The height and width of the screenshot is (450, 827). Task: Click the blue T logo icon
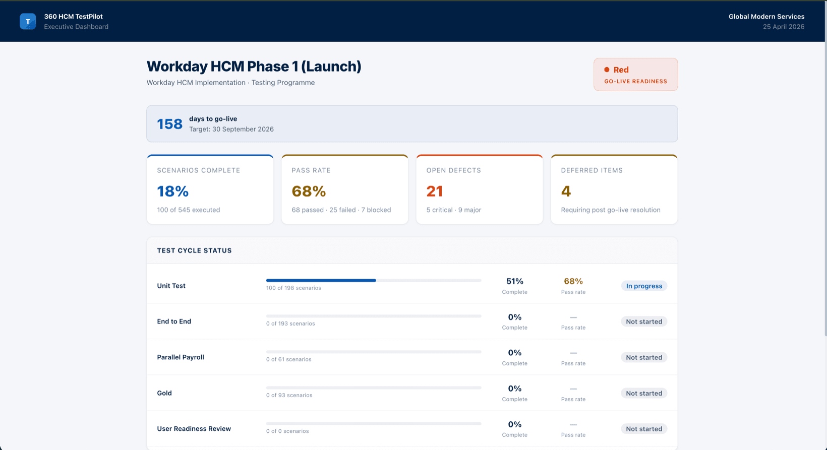point(28,22)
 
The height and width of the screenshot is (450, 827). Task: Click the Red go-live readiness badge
point(635,75)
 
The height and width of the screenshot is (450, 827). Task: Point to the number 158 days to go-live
point(169,124)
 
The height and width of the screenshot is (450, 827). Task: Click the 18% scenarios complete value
point(173,191)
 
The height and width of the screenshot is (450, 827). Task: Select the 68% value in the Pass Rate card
point(309,191)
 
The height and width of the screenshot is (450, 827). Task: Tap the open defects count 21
point(434,191)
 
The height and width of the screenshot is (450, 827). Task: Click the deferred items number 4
point(566,191)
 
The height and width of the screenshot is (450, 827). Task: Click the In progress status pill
point(644,286)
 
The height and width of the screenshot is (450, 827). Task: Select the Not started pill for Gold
point(644,393)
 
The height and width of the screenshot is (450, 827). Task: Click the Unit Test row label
point(171,286)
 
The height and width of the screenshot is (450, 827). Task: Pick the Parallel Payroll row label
point(181,357)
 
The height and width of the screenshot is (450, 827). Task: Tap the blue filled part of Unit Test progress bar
point(321,280)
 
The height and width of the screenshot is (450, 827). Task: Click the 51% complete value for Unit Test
point(514,281)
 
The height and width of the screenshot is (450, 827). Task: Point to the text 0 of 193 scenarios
point(290,324)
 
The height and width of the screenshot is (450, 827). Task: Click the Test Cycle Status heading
point(194,250)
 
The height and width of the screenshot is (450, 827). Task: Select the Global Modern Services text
point(766,17)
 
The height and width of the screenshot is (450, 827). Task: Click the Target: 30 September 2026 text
point(231,130)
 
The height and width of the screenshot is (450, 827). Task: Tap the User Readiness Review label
point(194,429)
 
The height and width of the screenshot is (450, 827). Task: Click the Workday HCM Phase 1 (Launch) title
point(254,67)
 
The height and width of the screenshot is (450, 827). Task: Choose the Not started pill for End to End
point(644,322)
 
